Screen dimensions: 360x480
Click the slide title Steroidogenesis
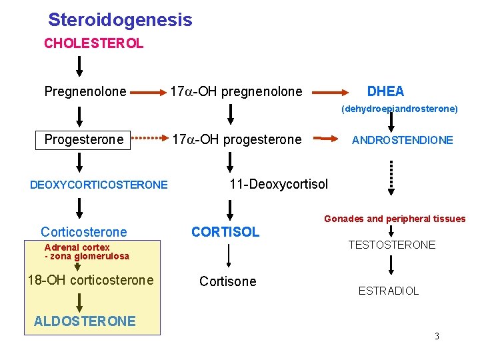(x=120, y=20)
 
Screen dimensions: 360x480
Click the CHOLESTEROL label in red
(x=93, y=44)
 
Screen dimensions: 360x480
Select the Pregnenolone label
(x=85, y=91)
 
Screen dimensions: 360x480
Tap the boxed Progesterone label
(x=83, y=140)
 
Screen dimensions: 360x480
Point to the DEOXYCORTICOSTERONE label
(x=99, y=185)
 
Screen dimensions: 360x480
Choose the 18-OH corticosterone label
(x=90, y=280)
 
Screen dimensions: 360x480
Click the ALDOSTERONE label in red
(x=85, y=321)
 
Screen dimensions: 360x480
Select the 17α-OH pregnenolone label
(x=236, y=91)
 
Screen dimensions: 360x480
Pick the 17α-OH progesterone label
(x=237, y=140)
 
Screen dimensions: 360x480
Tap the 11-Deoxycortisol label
(x=279, y=184)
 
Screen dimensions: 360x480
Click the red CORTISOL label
(x=225, y=232)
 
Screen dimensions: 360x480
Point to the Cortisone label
(x=227, y=281)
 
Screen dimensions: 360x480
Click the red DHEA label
(x=385, y=91)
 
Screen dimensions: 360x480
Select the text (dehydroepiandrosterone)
(x=399, y=108)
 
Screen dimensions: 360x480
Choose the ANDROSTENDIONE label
(x=402, y=140)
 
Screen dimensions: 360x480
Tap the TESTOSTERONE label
(x=392, y=245)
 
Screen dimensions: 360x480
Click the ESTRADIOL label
(x=389, y=291)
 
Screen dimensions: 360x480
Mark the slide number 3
(x=437, y=336)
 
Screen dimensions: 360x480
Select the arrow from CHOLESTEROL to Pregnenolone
(x=79, y=67)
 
